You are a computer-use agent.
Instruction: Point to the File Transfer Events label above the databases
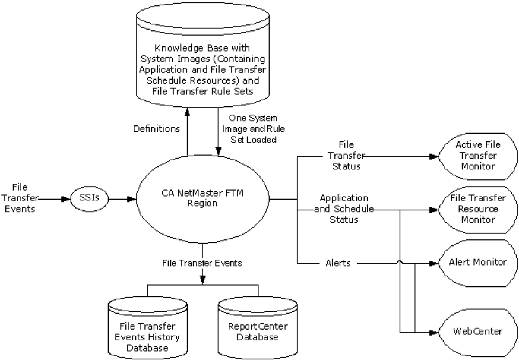pos(202,262)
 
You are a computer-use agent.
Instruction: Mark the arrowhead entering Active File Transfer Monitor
pos(434,156)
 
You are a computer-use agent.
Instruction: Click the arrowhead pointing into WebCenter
pos(434,331)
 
